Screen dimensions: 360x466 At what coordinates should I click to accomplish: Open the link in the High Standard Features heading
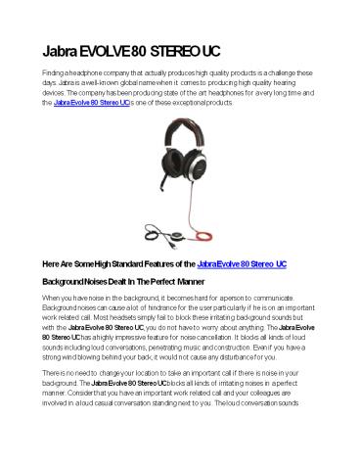tap(242, 262)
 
